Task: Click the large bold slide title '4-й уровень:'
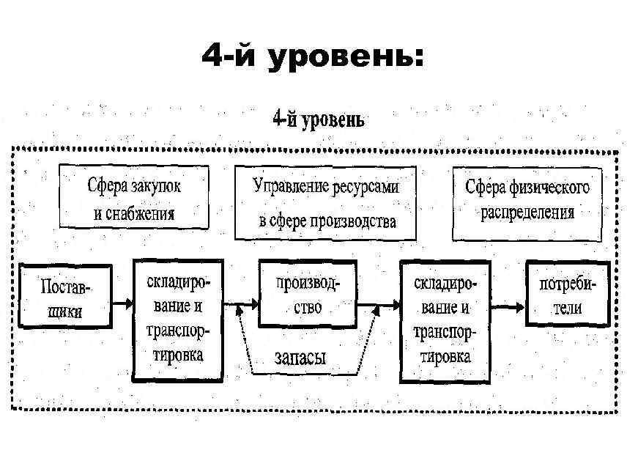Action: click(x=313, y=58)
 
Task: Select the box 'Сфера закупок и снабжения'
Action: click(x=134, y=199)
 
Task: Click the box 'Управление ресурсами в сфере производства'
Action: click(x=326, y=203)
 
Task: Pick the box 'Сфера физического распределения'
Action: click(x=527, y=203)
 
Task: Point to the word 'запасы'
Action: click(x=300, y=358)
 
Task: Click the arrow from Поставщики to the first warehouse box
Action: click(x=122, y=301)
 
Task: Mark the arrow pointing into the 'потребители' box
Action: click(x=513, y=301)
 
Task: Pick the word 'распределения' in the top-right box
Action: click(x=527, y=213)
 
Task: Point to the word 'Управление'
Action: click(x=287, y=187)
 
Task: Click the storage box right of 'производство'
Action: click(x=441, y=320)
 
